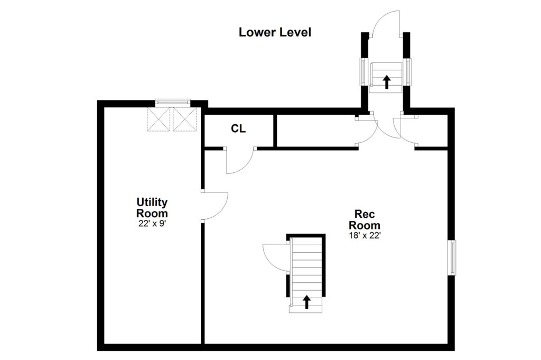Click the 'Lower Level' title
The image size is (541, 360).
[x=275, y=32]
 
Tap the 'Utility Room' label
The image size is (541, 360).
[x=152, y=207]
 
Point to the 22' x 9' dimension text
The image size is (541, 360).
[x=152, y=223]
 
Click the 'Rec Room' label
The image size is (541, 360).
[x=365, y=219]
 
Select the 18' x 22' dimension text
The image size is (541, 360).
[x=365, y=236]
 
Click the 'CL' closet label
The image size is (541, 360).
[x=238, y=129]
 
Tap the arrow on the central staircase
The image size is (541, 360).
[x=306, y=302]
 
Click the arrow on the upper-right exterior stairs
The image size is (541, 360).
[x=386, y=82]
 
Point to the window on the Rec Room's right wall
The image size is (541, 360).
[x=451, y=257]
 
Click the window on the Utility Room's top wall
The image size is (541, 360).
[x=173, y=102]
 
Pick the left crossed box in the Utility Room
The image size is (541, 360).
[x=159, y=119]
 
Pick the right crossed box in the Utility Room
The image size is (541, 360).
[x=184, y=119]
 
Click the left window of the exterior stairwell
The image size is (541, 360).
[x=362, y=71]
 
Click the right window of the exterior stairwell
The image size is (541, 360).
[x=408, y=71]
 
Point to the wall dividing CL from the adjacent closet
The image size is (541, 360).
[x=275, y=131]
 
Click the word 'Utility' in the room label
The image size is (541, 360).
[x=152, y=202]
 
